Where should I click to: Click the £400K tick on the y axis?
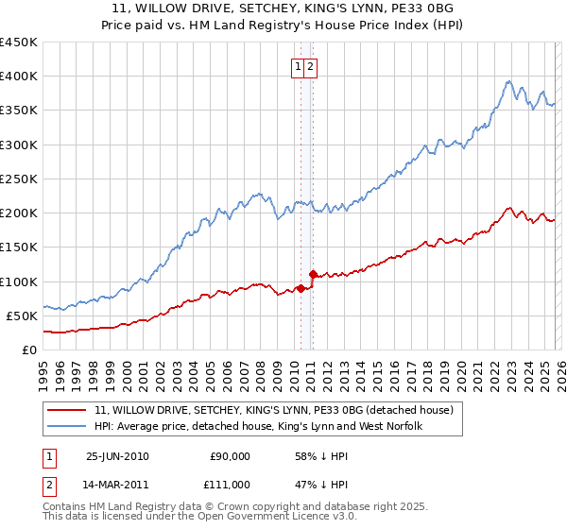[19, 77]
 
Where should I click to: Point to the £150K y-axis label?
[19, 247]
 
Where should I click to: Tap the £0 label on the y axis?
[29, 350]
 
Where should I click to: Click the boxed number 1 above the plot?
[299, 66]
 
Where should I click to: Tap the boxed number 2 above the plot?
[311, 66]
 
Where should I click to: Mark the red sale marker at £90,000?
[301, 288]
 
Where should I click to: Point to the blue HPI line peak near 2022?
[508, 81]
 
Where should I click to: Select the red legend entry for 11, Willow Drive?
[274, 410]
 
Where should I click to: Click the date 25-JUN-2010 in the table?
[117, 456]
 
